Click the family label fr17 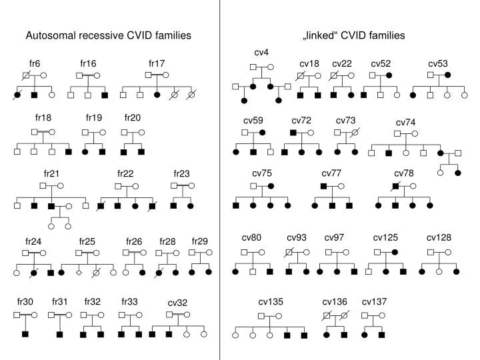[157, 63]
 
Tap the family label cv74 [405, 123]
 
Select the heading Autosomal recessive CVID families [109, 35]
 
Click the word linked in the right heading [320, 35]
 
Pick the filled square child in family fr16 [105, 95]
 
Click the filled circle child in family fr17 [157, 95]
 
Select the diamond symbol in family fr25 [79, 272]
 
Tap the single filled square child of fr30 [25, 334]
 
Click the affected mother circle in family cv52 [389, 75]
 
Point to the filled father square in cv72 [293, 133]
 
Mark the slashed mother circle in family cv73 [355, 133]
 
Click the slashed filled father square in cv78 [395, 186]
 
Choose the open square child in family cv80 [253, 271]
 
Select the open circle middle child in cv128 [439, 271]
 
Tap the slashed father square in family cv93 [289, 253]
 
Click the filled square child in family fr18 [69, 151]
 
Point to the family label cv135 [271, 302]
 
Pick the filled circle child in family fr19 [85, 152]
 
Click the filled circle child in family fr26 [143, 273]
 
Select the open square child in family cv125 [369, 271]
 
